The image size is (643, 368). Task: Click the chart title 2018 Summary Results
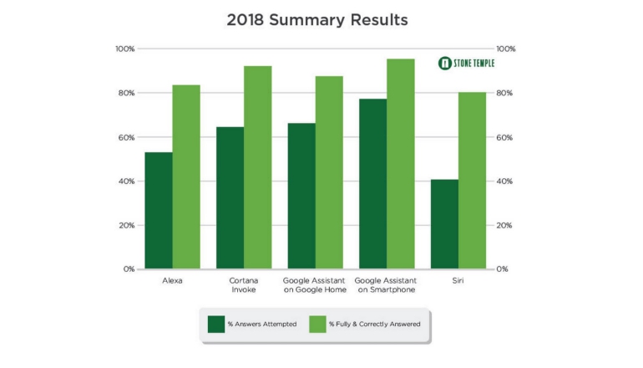pyautogui.click(x=322, y=18)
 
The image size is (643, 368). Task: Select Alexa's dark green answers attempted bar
pyautogui.click(x=159, y=211)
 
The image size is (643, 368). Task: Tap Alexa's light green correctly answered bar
pyautogui.click(x=186, y=177)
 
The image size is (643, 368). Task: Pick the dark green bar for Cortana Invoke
pyautogui.click(x=230, y=198)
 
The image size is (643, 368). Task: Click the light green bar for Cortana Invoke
pyautogui.click(x=258, y=167)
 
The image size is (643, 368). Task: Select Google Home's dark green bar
pyautogui.click(x=301, y=196)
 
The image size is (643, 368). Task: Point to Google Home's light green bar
pyautogui.click(x=329, y=172)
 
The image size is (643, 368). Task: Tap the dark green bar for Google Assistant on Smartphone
pyautogui.click(x=372, y=184)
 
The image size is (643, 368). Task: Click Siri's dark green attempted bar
pyautogui.click(x=444, y=224)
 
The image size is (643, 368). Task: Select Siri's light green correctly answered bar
pyautogui.click(x=472, y=181)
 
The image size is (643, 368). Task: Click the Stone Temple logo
pyautogui.click(x=467, y=64)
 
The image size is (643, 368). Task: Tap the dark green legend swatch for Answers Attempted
pyautogui.click(x=216, y=323)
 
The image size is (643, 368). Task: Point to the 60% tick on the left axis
pyautogui.click(x=124, y=137)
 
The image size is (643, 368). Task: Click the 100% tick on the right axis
pyautogui.click(x=506, y=49)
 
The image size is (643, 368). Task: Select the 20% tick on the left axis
pyautogui.click(x=124, y=225)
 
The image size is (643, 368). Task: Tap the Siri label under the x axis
pyautogui.click(x=458, y=281)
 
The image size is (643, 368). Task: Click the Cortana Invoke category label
pyautogui.click(x=244, y=285)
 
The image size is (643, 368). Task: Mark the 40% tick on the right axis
pyautogui.click(x=506, y=181)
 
